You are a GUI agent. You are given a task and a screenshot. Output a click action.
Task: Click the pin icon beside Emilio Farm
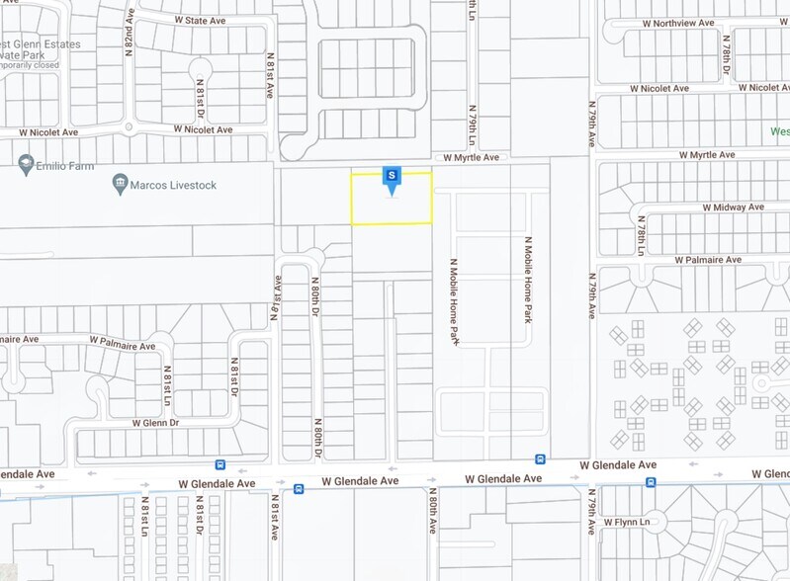(24, 161)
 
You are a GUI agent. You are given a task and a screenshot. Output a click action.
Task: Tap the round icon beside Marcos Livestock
(120, 184)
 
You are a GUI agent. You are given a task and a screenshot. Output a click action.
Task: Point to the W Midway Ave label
(733, 207)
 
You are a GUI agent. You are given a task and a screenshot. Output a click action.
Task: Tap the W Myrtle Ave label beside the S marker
(472, 157)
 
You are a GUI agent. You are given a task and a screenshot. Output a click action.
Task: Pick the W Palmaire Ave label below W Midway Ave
(707, 259)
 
